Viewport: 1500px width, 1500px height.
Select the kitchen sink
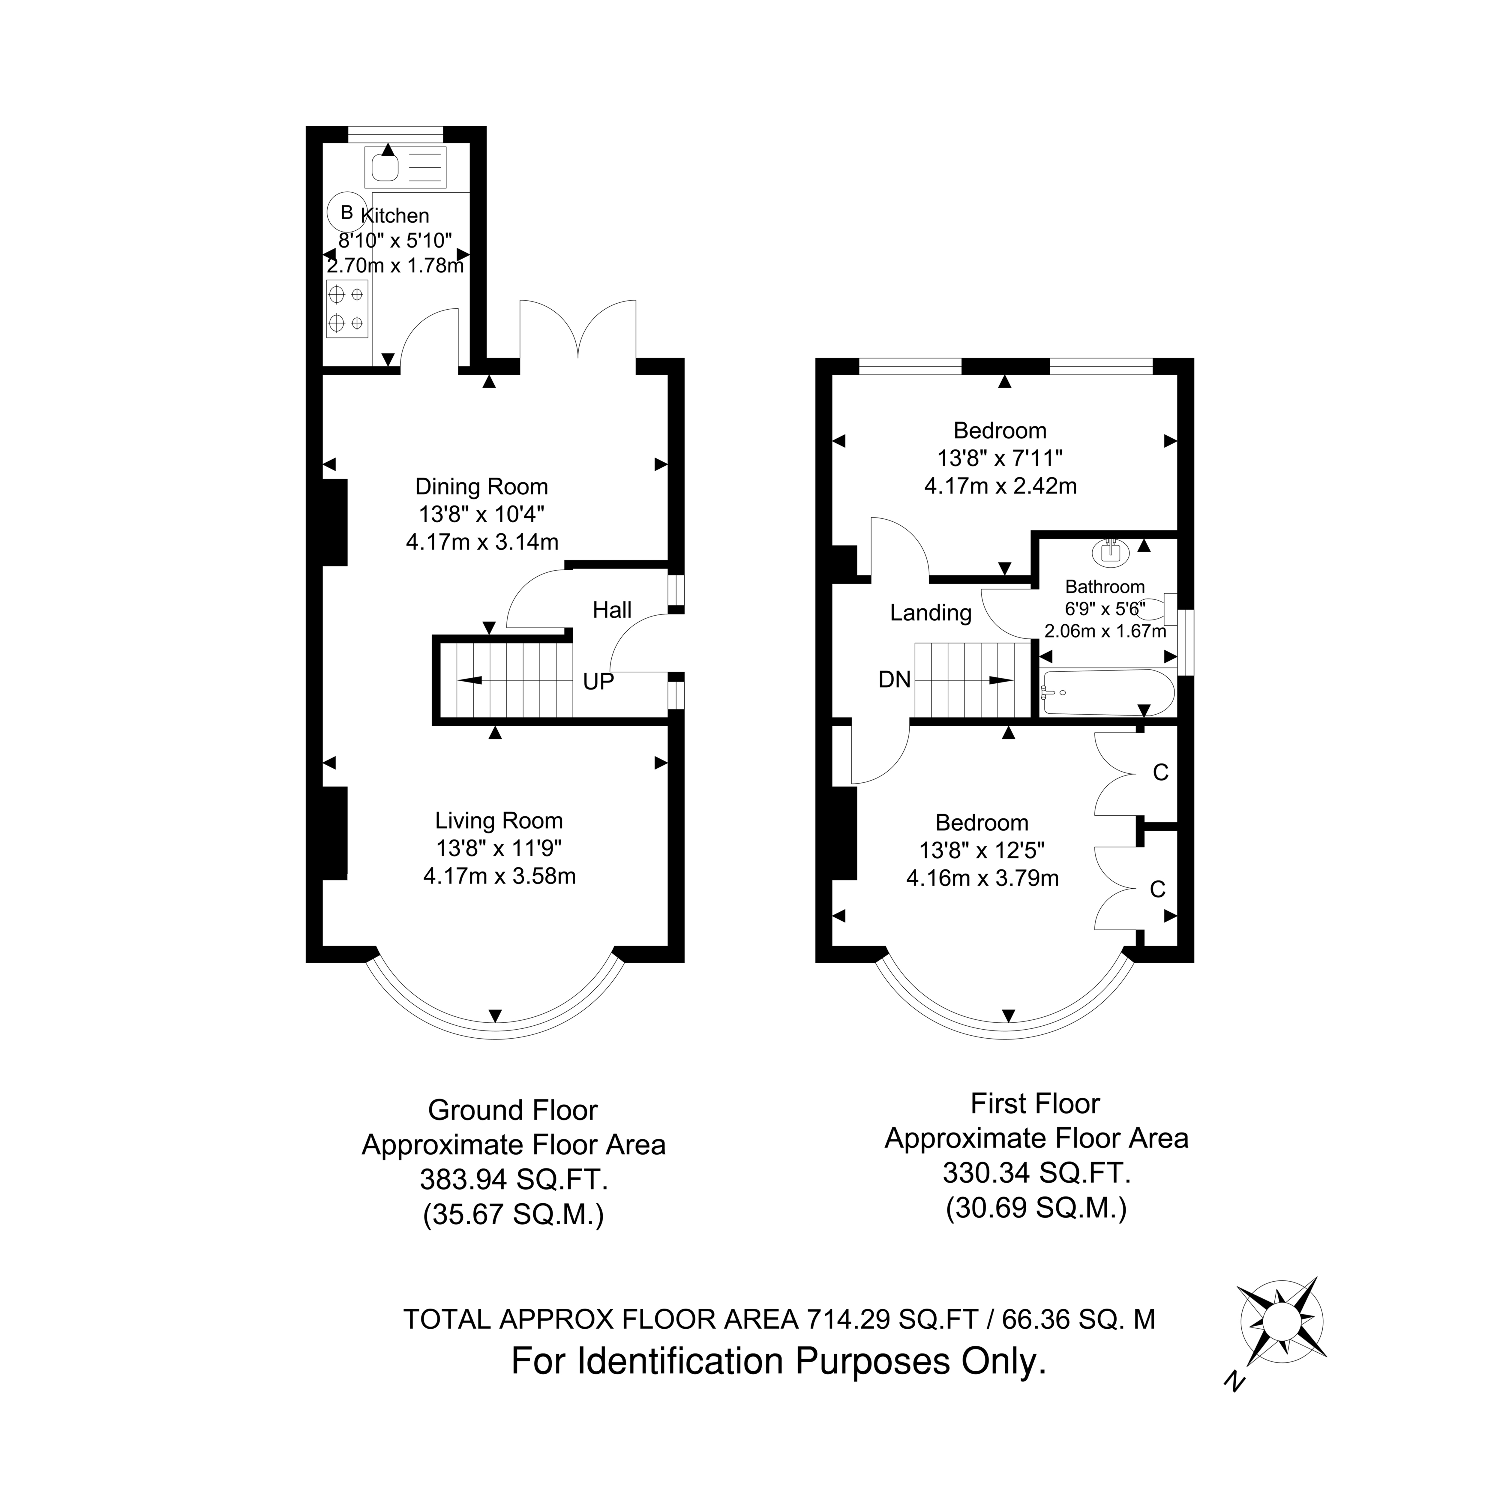[405, 167]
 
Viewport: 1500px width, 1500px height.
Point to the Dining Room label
[481, 487]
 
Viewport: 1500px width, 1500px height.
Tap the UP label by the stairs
[598, 682]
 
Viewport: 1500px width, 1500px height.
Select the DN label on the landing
[894, 680]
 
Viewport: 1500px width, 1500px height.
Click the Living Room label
[498, 821]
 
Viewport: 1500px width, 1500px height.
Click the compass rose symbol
[1282, 1321]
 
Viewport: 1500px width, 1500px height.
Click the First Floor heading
[1036, 1103]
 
